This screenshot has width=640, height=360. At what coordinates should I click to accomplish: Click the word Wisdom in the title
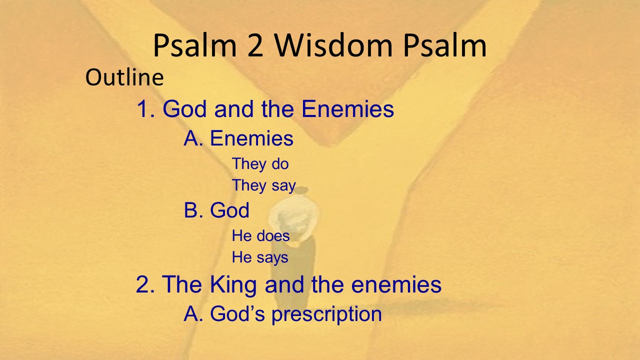[333, 45]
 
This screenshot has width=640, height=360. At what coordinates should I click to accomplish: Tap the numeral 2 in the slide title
[255, 45]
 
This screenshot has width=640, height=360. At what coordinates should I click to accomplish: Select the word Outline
[124, 77]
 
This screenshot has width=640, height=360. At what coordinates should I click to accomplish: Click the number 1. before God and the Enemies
[145, 109]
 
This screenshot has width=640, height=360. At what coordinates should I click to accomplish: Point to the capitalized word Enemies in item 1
[347, 108]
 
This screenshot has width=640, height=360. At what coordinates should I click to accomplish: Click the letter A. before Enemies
[193, 138]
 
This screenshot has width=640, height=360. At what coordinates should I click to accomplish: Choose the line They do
[260, 163]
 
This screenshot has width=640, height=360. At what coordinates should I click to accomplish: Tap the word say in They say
[283, 185]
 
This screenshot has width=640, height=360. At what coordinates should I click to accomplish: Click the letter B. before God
[193, 210]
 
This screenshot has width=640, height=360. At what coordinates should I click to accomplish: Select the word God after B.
[229, 210]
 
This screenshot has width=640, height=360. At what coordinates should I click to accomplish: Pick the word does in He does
[273, 235]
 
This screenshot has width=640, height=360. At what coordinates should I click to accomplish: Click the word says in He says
[272, 257]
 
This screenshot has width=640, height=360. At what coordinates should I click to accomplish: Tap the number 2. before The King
[145, 284]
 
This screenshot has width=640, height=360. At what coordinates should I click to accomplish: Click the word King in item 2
[233, 284]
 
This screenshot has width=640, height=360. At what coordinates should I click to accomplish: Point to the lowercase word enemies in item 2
[396, 284]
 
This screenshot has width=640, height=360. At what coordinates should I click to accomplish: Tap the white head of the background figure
[293, 216]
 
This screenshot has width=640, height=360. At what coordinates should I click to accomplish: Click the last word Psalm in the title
[445, 45]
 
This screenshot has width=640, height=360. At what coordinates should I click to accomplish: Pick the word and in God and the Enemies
[234, 109]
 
